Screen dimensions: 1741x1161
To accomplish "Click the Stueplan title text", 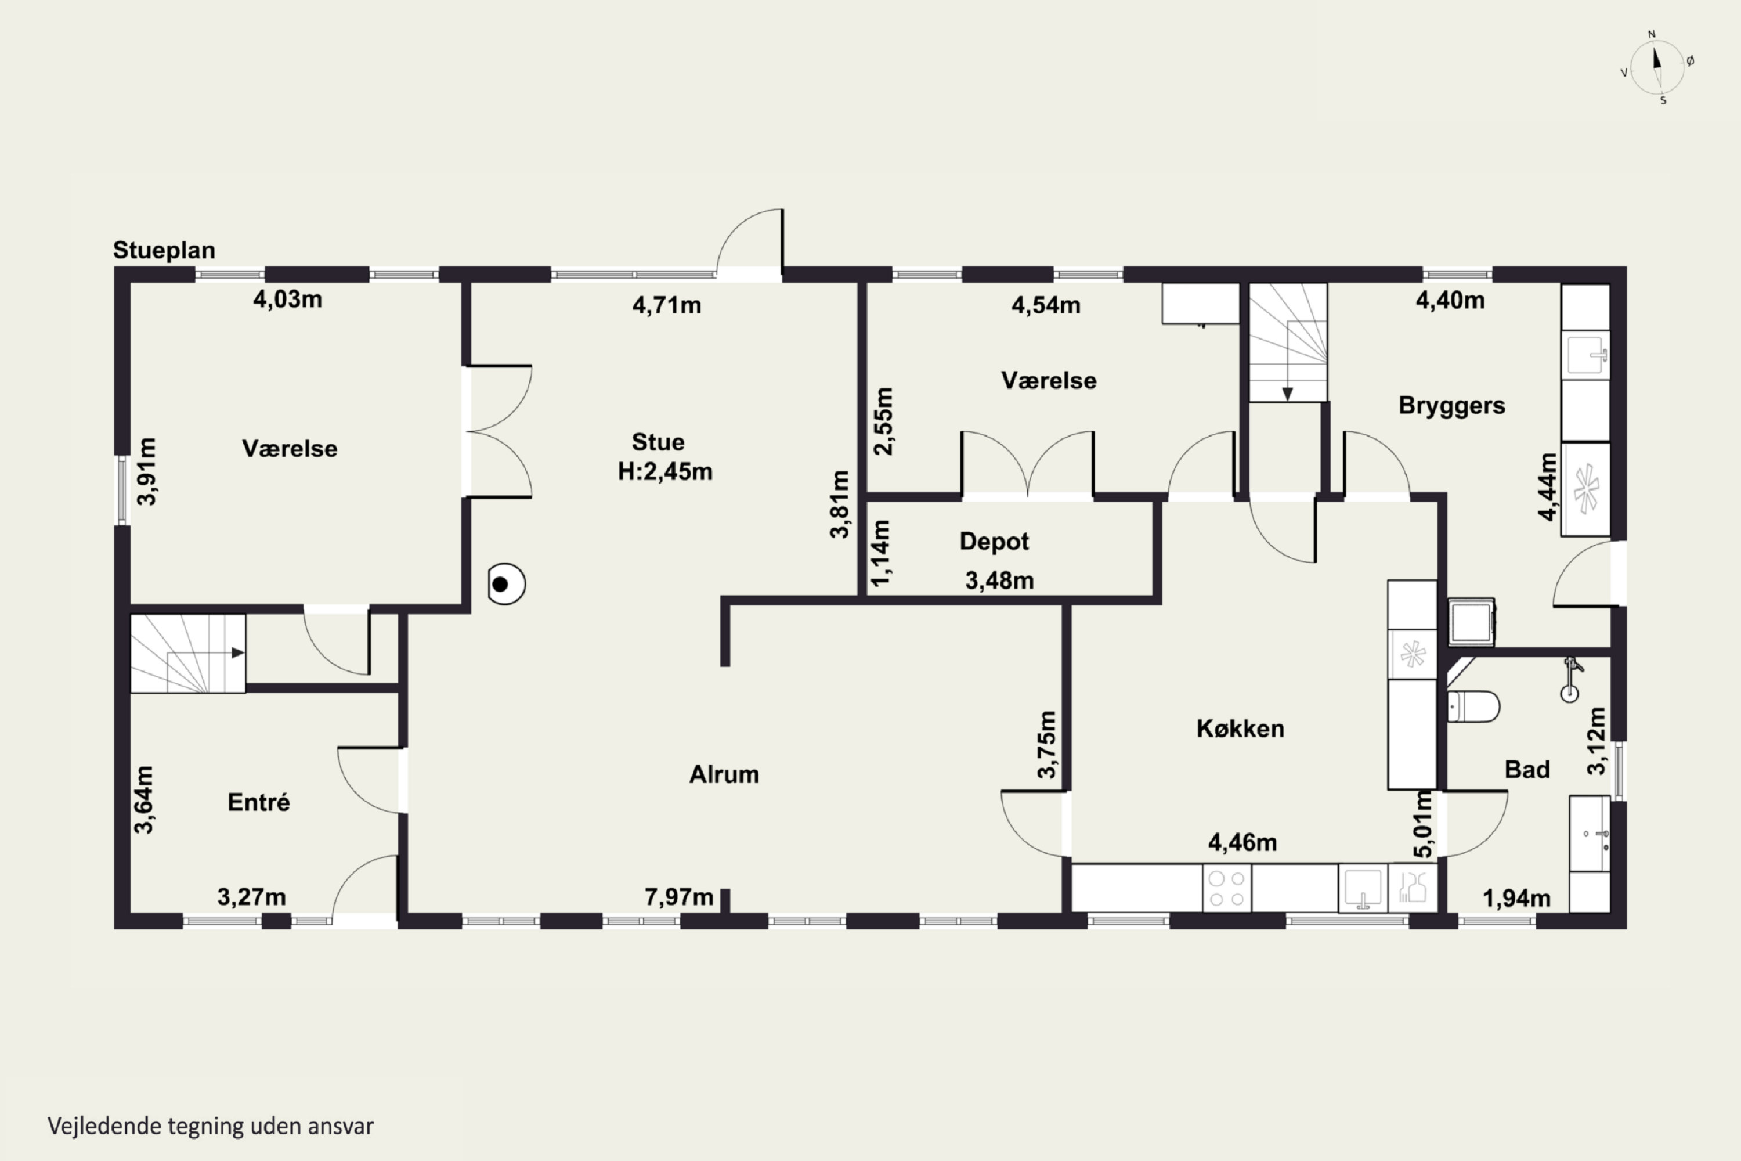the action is [164, 251].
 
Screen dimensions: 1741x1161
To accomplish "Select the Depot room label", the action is [994, 541].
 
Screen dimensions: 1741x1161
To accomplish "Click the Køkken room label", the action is [1240, 729].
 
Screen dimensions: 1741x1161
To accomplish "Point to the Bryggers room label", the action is [1451, 406].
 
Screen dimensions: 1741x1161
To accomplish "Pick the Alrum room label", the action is [724, 774].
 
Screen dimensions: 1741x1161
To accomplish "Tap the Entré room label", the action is [258, 802].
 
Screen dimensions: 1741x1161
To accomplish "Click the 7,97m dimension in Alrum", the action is [679, 897].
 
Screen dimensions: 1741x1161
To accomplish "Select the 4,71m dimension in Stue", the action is [666, 305].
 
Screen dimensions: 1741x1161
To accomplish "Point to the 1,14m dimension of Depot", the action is [880, 554].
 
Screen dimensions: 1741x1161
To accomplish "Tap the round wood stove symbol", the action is [506, 584].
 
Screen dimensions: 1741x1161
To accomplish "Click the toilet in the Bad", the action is [1473, 706].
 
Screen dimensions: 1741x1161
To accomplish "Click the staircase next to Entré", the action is [188, 654].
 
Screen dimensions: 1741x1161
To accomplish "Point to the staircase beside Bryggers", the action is [1288, 343].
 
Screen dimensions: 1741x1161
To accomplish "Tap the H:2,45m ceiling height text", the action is [664, 471].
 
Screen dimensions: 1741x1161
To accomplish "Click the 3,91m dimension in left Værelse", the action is [147, 471].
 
